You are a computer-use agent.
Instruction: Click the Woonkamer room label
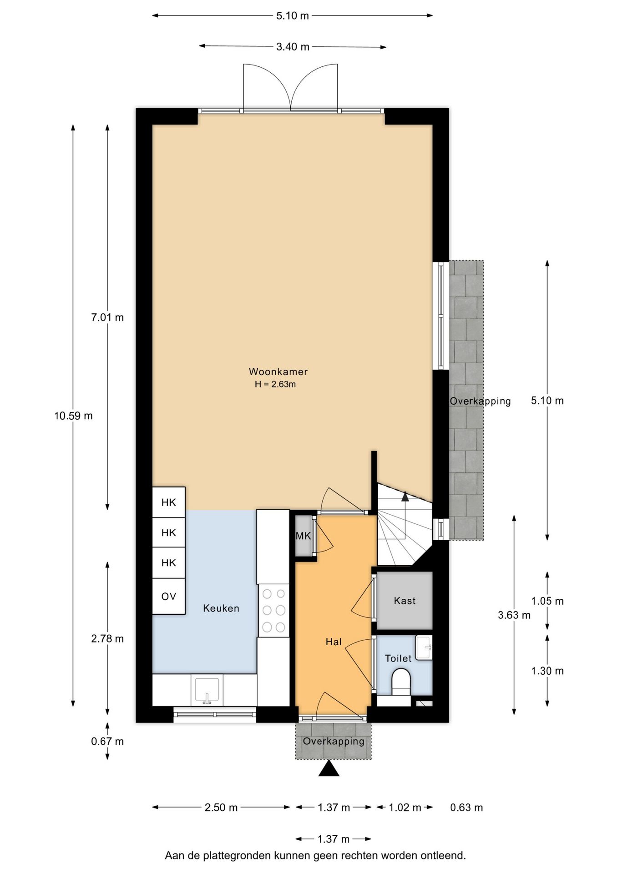(x=278, y=371)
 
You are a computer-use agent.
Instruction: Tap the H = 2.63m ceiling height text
(x=275, y=384)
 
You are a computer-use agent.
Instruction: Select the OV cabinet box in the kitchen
(x=168, y=596)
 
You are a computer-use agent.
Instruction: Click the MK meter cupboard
(x=303, y=536)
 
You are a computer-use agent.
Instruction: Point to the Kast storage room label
(x=405, y=601)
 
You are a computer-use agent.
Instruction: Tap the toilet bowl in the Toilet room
(x=401, y=681)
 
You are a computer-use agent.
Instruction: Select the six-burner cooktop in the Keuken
(x=274, y=610)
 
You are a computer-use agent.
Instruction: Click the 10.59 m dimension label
(x=73, y=416)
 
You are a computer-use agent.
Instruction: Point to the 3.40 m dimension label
(x=293, y=47)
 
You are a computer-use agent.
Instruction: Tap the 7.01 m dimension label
(x=107, y=317)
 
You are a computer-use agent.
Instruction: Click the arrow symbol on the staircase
(x=405, y=497)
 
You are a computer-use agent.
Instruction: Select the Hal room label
(x=334, y=642)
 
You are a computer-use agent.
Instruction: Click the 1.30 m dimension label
(x=547, y=671)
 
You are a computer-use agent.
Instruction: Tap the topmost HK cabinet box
(x=168, y=502)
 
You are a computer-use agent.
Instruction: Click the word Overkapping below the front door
(x=334, y=741)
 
